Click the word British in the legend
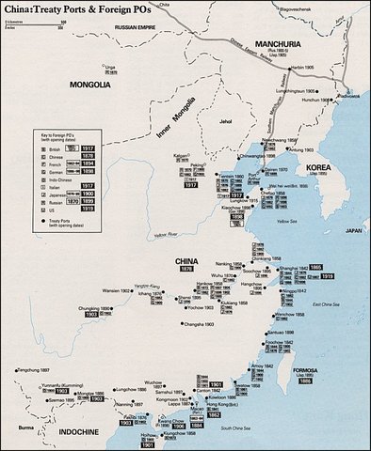tap(58, 149)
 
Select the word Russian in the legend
tap(58, 200)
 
